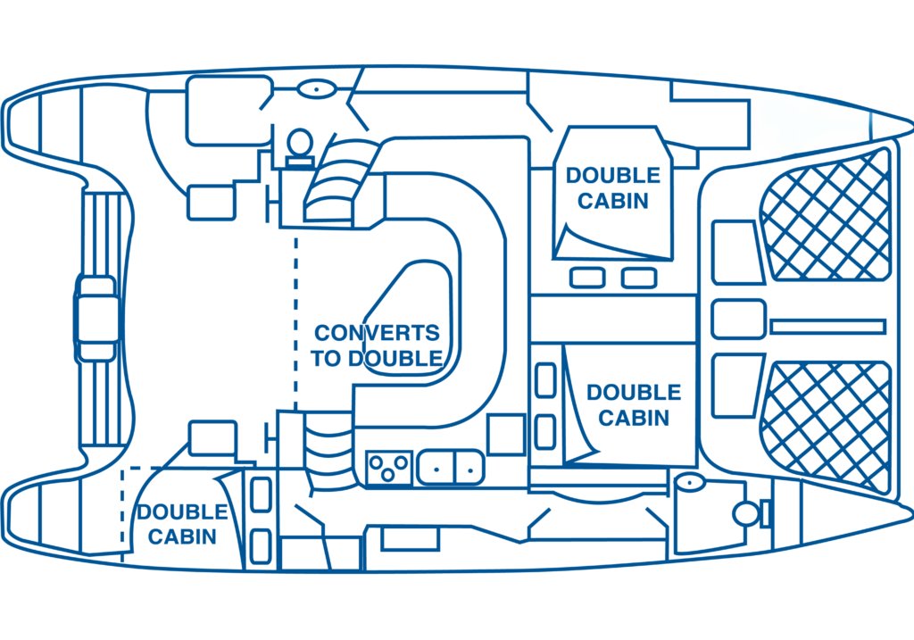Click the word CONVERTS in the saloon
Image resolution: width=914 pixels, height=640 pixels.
pos(377,334)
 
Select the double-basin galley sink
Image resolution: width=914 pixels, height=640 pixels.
pos(450,465)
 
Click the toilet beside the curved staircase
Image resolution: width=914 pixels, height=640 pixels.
pos(299,146)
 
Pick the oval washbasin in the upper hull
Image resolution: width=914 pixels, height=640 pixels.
pos(315,89)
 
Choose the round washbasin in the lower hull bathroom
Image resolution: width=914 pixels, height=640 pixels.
pos(689,483)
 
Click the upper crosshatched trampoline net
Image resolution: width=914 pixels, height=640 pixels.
pos(825,214)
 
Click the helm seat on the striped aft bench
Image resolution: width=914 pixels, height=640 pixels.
pos(96,318)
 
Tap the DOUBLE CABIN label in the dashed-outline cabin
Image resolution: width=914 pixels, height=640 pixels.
pos(182,524)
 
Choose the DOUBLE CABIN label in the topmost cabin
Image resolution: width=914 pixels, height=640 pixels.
pos(612,187)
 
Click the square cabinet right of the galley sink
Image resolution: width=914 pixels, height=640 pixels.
pos(506,435)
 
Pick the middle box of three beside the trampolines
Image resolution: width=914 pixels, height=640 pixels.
pos(738,320)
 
